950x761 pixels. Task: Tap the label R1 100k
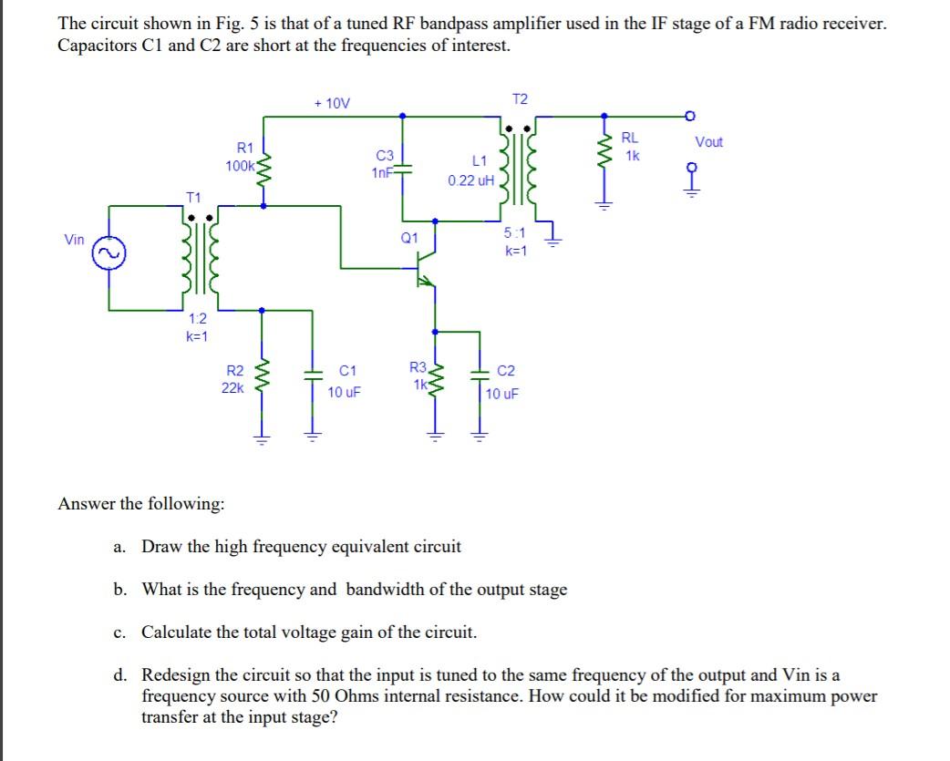pyautogui.click(x=243, y=157)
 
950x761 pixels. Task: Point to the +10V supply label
pyautogui.click(x=331, y=104)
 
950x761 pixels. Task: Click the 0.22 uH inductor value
pyautogui.click(x=471, y=180)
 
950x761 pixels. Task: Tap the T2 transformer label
pyautogui.click(x=520, y=98)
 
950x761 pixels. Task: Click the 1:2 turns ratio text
pyautogui.click(x=197, y=319)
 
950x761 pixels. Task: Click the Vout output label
pyautogui.click(x=708, y=141)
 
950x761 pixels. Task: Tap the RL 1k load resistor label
pyautogui.click(x=630, y=147)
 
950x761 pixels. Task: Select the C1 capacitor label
pyautogui.click(x=346, y=371)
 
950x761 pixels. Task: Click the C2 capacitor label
pyautogui.click(x=507, y=371)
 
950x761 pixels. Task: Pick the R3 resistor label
pyautogui.click(x=418, y=368)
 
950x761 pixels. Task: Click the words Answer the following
pyautogui.click(x=130, y=504)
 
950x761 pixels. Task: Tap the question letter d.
pyautogui.click(x=119, y=675)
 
